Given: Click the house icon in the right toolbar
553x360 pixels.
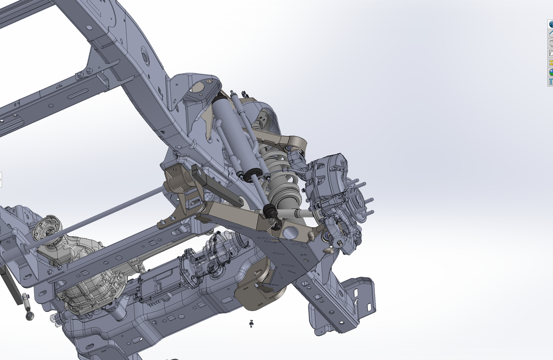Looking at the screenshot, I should (x=551, y=34).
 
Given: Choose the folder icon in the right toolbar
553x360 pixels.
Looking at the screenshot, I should (x=551, y=53).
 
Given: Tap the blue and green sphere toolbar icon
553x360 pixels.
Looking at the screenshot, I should (x=551, y=72).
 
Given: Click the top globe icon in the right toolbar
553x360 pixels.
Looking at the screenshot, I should (x=551, y=24).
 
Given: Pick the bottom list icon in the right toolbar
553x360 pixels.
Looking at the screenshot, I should (x=551, y=82).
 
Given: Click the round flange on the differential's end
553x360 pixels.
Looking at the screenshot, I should (x=44, y=229).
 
